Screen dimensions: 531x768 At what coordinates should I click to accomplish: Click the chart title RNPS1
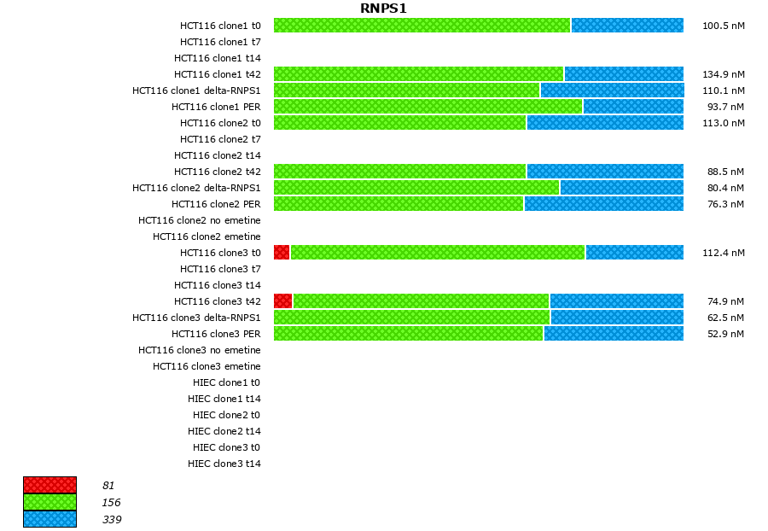tap(383, 9)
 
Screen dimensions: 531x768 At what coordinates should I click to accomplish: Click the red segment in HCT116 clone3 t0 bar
tap(282, 252)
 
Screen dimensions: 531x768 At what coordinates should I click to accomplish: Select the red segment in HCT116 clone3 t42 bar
tap(282, 301)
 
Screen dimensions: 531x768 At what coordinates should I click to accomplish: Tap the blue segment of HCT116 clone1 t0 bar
tap(627, 25)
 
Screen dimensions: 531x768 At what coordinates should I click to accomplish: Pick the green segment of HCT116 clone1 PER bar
tap(428, 106)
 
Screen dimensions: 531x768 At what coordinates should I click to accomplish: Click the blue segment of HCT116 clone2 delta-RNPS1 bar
tap(621, 187)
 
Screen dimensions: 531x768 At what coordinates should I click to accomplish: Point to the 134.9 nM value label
tap(723, 74)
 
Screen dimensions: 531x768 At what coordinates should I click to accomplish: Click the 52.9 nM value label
tap(723, 334)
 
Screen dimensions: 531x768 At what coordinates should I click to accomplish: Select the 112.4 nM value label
tap(723, 253)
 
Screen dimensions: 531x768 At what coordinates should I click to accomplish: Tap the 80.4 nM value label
tap(723, 188)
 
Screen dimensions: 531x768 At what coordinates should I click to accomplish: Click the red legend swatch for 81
tap(49, 485)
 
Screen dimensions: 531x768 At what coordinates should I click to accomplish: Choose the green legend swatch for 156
tap(49, 502)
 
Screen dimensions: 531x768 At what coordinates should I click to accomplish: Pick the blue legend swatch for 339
tap(49, 519)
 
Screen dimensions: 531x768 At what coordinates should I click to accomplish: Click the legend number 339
tap(111, 520)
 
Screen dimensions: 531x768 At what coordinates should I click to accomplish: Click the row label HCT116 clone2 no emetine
tap(200, 220)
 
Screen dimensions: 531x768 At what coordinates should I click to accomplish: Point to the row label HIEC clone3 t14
tap(224, 464)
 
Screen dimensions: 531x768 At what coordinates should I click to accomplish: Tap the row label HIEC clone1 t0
tap(226, 382)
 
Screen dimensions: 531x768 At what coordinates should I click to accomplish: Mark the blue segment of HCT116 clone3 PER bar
tap(614, 333)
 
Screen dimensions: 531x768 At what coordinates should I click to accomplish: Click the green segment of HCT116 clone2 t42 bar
tap(399, 171)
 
